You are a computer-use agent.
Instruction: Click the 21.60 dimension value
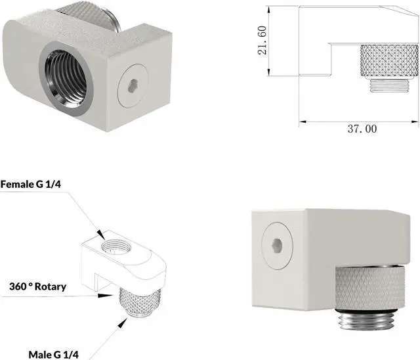(x=262, y=41)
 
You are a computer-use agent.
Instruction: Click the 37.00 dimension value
(x=362, y=129)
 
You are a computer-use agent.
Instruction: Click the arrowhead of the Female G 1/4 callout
(x=102, y=236)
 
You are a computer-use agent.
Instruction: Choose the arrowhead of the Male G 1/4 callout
(x=125, y=320)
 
